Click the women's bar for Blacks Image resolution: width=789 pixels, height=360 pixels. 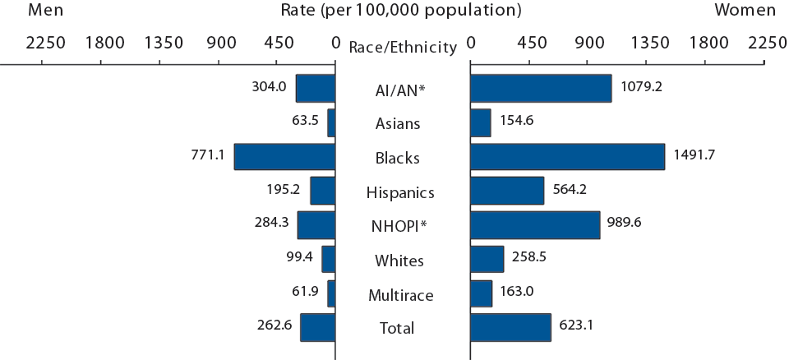point(567,157)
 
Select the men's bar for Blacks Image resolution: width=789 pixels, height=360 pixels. point(284,157)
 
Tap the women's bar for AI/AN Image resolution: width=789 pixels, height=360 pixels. point(541,89)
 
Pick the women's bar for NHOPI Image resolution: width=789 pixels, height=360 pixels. point(535,225)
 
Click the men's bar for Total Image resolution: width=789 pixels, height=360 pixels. point(318,327)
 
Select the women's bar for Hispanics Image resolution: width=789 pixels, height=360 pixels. point(507,191)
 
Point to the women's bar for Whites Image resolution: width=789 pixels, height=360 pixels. point(487,260)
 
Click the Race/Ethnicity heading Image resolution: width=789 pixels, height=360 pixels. point(403,48)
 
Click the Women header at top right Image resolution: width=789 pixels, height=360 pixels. point(745,11)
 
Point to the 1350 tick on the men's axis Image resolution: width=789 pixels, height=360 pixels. point(164,43)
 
